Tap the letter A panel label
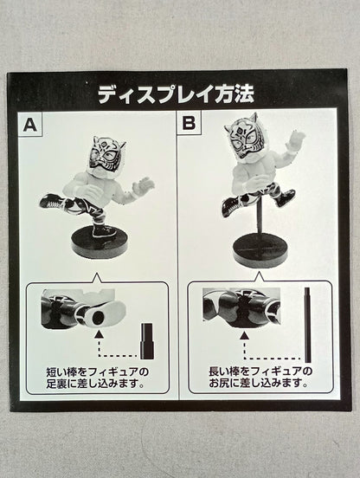30,124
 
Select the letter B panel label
188,124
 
